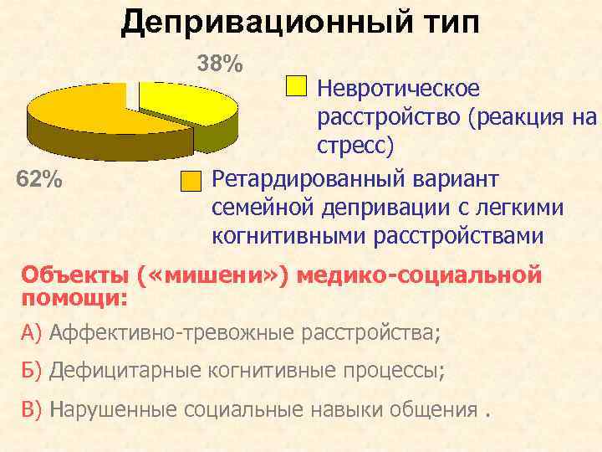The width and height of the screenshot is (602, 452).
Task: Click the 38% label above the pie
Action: (219, 64)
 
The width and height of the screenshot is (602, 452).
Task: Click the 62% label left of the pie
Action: (40, 179)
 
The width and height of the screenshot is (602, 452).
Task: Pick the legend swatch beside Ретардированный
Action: (191, 181)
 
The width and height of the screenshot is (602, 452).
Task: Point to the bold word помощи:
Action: (74, 297)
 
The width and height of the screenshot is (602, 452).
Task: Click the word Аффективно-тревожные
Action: (170, 333)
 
